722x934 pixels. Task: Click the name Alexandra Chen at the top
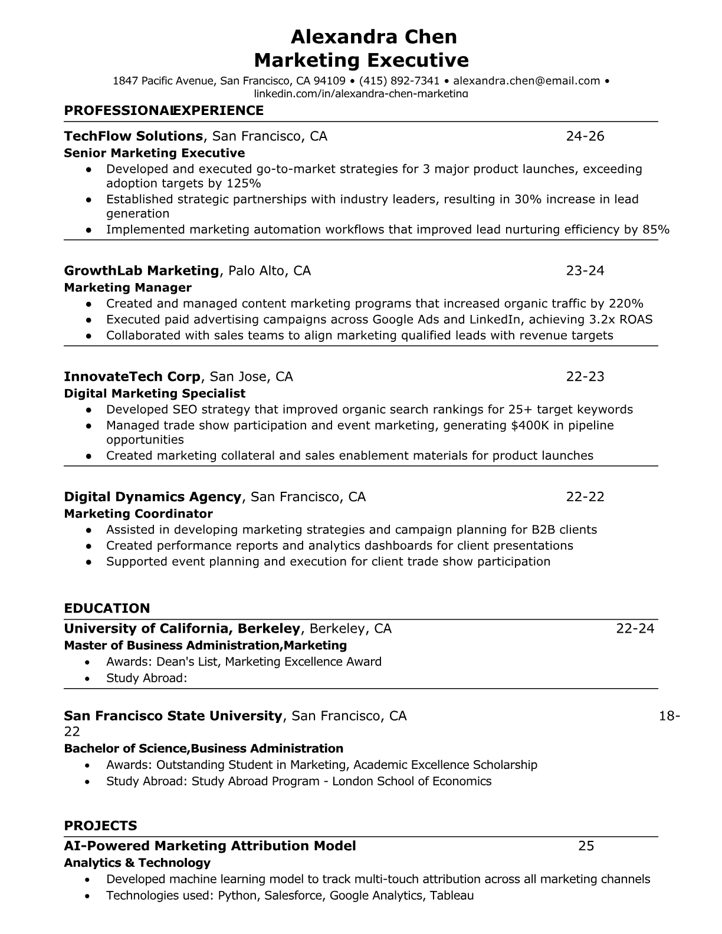pyautogui.click(x=374, y=37)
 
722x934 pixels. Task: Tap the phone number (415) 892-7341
pyautogui.click(x=399, y=81)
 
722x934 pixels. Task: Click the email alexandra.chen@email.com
pyautogui.click(x=526, y=81)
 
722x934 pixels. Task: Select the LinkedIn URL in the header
pyautogui.click(x=360, y=93)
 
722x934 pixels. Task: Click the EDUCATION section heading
pyautogui.click(x=107, y=608)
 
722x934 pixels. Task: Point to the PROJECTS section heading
pyautogui.click(x=100, y=826)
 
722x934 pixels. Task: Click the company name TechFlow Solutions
pyautogui.click(x=133, y=136)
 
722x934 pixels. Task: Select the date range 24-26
pyautogui.click(x=585, y=136)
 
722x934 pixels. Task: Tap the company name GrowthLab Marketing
pyautogui.click(x=142, y=271)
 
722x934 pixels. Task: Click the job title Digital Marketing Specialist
pyautogui.click(x=155, y=393)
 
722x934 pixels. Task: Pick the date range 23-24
pyautogui.click(x=585, y=271)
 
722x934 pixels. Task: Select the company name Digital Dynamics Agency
pyautogui.click(x=153, y=496)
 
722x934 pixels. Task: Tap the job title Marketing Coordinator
pyautogui.click(x=138, y=514)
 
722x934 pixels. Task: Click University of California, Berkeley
pyautogui.click(x=182, y=629)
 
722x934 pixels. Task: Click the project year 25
pyautogui.click(x=586, y=846)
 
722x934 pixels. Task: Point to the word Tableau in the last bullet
pyautogui.click(x=452, y=896)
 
